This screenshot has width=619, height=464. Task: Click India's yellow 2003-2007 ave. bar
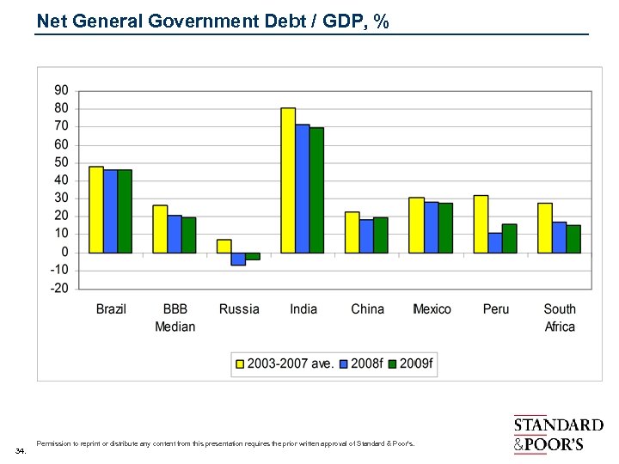coord(288,180)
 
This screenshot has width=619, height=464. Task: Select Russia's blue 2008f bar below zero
coord(238,259)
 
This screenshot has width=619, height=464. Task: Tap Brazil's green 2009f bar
coord(125,211)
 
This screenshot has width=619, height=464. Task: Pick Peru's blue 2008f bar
coord(495,243)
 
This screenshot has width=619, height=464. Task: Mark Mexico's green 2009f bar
coord(445,228)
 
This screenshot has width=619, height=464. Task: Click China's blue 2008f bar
coord(367,236)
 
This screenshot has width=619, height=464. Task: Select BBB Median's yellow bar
coord(160,229)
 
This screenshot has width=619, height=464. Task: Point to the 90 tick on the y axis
coord(62,90)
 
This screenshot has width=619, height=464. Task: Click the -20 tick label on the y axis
coord(58,288)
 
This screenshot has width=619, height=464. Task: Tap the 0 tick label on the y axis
coord(65,252)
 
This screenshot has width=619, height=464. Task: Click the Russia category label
coord(239,309)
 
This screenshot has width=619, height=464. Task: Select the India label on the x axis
coord(303,309)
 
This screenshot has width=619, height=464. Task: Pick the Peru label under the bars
coord(495,309)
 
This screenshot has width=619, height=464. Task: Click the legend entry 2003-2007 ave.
coord(285,363)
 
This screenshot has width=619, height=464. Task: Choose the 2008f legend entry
coord(359,363)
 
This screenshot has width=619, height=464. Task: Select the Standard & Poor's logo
coord(558,434)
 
